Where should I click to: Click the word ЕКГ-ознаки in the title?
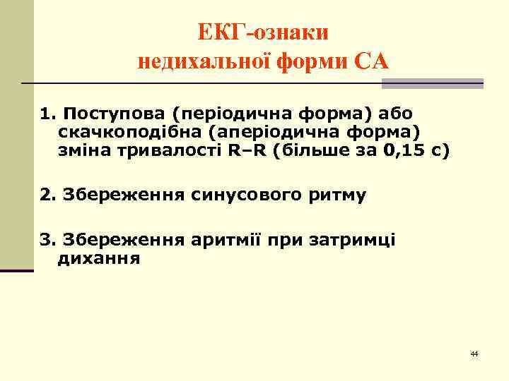pyautogui.click(x=263, y=33)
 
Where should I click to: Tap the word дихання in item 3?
pyautogui.click(x=98, y=259)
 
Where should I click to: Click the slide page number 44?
pyautogui.click(x=474, y=352)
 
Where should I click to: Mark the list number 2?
pyautogui.click(x=47, y=195)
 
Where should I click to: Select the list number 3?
pyautogui.click(x=47, y=241)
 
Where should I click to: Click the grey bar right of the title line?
pyautogui.click(x=432, y=83)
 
